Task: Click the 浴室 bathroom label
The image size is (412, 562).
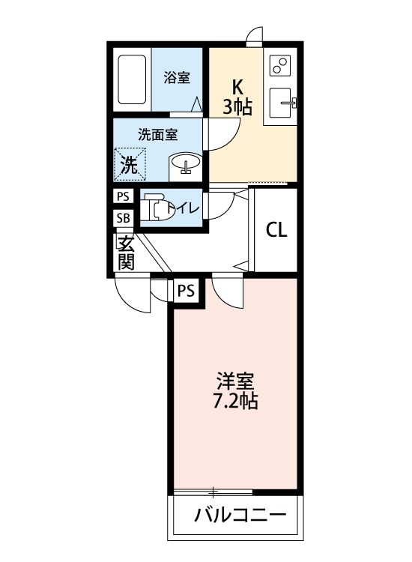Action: pyautogui.click(x=177, y=77)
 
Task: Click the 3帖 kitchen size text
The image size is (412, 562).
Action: pyautogui.click(x=236, y=107)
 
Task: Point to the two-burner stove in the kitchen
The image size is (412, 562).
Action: pyautogui.click(x=282, y=66)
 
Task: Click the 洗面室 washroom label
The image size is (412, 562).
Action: pyautogui.click(x=158, y=135)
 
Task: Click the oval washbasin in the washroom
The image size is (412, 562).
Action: pyautogui.click(x=185, y=163)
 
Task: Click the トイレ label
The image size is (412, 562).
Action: pyautogui.click(x=184, y=208)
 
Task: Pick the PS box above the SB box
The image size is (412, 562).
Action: pyautogui.click(x=122, y=196)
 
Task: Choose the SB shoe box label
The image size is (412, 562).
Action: pyautogui.click(x=122, y=218)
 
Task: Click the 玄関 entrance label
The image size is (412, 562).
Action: pyautogui.click(x=125, y=253)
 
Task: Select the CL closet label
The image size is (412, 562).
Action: pyautogui.click(x=276, y=230)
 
